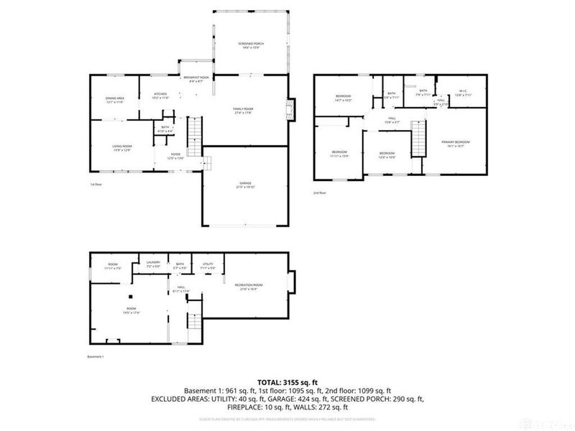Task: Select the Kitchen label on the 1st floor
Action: point(160,96)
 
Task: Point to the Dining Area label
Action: point(115,100)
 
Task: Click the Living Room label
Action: point(121,148)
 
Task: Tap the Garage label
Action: point(246,186)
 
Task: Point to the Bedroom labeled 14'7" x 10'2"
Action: point(344,98)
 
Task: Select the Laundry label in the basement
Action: point(152,264)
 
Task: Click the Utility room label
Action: point(208,265)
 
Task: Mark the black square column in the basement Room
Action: point(130,297)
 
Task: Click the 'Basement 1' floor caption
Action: point(96,357)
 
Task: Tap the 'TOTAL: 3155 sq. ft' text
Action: point(287,381)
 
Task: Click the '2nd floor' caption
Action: point(320,193)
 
